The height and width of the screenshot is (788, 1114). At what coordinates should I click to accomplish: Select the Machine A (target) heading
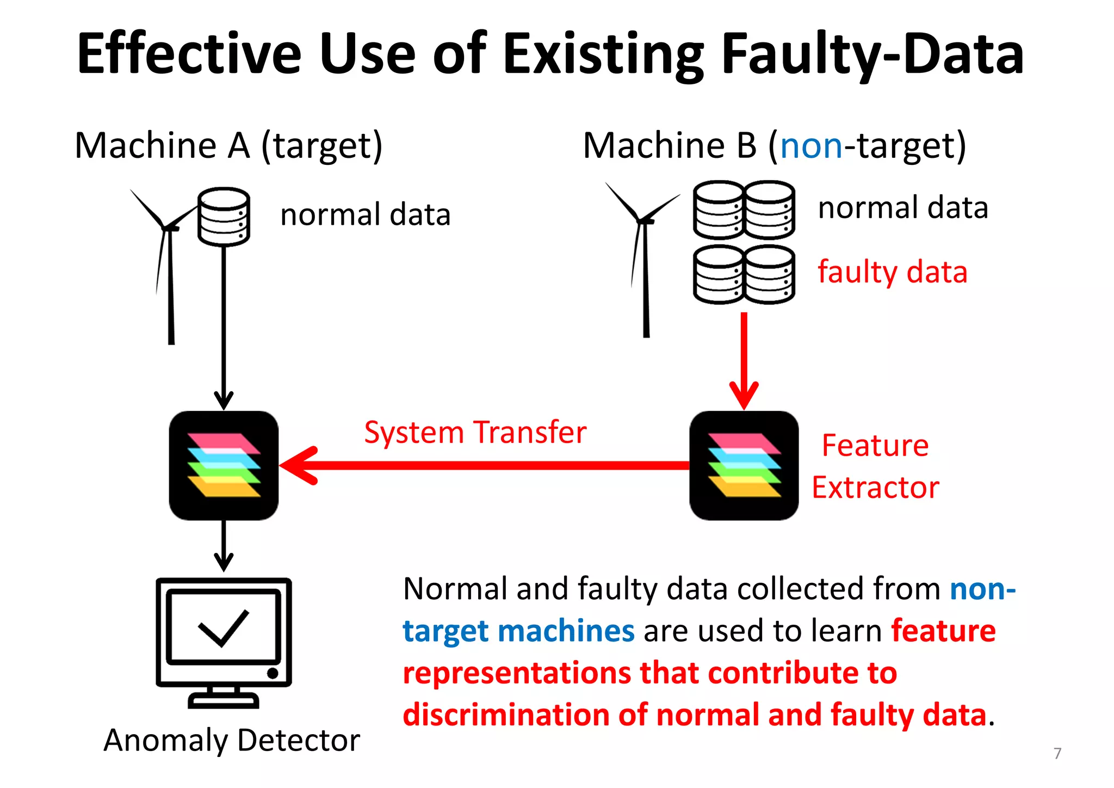point(228,146)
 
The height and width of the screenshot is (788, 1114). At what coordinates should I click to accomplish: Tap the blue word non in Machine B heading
point(811,146)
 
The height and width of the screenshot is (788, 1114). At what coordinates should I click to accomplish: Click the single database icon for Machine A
point(224,217)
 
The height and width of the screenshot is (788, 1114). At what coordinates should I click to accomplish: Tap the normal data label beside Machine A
point(365,214)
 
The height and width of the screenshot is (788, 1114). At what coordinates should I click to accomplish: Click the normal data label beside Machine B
point(903,208)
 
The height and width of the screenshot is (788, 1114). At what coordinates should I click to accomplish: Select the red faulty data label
point(892,272)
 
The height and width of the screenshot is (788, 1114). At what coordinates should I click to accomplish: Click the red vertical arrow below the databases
point(744,359)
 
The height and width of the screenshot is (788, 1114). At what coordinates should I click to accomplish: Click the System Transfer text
point(475,433)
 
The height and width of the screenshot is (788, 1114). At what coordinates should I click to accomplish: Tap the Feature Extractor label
point(875,466)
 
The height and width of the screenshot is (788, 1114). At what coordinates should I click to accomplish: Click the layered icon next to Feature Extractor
point(744,465)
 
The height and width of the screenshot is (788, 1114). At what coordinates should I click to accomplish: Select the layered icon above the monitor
point(224,465)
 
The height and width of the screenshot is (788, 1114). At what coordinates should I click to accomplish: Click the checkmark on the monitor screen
point(224,627)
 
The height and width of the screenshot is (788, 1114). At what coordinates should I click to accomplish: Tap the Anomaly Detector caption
point(232,740)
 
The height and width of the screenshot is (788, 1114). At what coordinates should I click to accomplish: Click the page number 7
point(1057,753)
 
